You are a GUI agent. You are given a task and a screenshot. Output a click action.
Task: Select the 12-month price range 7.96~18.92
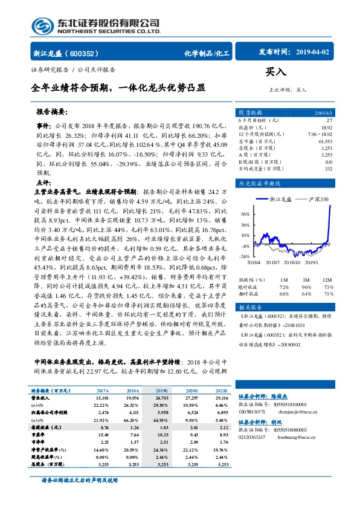click(318, 133)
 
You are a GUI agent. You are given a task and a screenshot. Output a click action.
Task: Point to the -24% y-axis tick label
click(244, 256)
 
